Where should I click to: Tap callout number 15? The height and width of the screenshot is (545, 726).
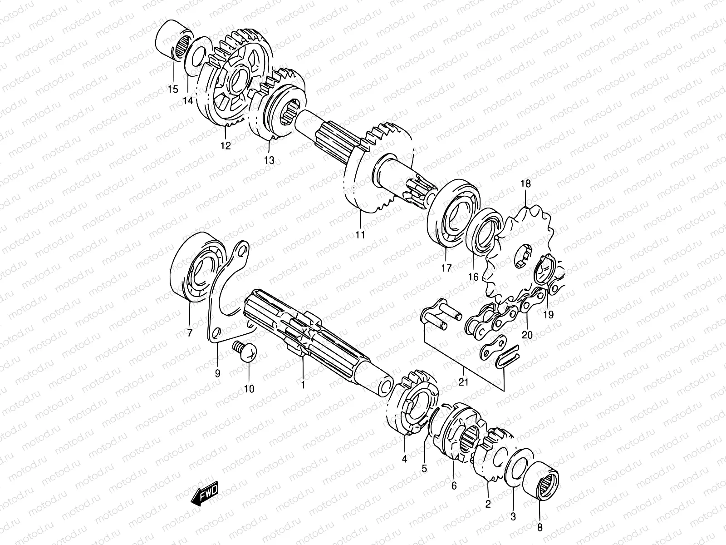click(x=172, y=89)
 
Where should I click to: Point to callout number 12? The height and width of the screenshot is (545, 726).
click(x=226, y=146)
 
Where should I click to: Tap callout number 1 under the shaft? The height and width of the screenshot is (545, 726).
click(x=303, y=385)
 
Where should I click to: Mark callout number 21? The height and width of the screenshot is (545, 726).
click(x=463, y=382)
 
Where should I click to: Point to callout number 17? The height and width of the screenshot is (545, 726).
click(x=446, y=268)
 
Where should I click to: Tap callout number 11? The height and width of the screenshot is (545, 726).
click(x=360, y=235)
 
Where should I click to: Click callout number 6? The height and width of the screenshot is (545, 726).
click(x=454, y=486)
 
